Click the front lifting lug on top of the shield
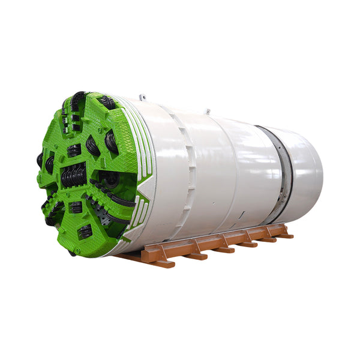point(142,97)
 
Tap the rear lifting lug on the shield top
point(208,111)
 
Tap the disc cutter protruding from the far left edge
point(40,160)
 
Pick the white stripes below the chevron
point(139,216)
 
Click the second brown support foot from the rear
point(267,239)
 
